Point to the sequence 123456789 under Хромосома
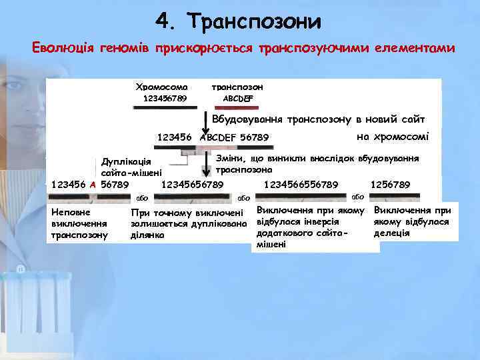click(165, 99)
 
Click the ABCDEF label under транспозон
click(238, 99)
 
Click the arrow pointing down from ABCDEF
click(205, 122)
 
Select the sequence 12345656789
click(192, 184)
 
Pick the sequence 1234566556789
click(301, 184)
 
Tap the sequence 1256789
click(390, 184)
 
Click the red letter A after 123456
click(93, 184)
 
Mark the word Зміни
click(230, 158)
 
